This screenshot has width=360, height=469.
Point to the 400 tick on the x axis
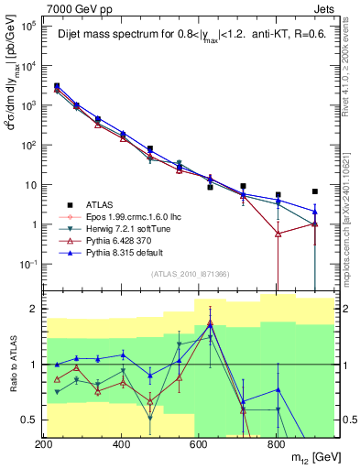pos(121,444)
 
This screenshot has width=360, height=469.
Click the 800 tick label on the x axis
pos(276,444)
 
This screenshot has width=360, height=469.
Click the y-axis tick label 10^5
pos(28,26)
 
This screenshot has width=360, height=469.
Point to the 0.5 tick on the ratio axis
pos(30,420)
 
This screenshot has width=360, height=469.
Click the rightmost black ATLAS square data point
pos(314,191)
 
